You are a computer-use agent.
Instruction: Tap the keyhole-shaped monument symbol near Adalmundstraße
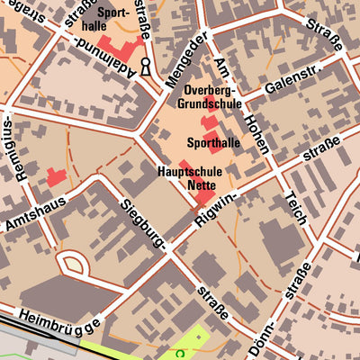point(145,66)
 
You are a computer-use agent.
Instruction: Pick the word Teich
point(296,211)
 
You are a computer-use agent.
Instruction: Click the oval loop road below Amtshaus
point(73,264)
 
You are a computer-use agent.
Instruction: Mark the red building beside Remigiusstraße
point(57,177)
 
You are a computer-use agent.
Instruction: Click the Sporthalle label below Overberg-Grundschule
point(213,143)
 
